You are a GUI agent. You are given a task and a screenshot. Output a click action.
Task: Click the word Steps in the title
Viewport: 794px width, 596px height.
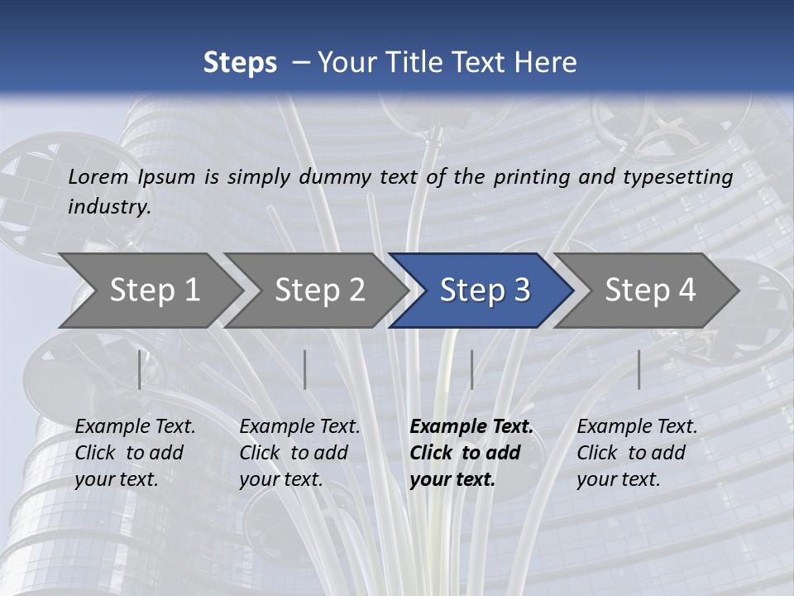240,63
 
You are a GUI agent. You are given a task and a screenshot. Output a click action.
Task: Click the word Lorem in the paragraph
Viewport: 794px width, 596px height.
98,177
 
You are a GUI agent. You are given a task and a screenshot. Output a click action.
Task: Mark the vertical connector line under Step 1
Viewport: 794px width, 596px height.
140,369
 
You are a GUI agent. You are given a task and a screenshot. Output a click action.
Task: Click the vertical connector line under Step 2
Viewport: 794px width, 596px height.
305,369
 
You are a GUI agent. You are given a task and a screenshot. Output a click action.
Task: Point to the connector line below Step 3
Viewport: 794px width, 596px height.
471,369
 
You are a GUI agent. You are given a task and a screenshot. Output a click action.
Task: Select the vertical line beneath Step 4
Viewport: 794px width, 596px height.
639,369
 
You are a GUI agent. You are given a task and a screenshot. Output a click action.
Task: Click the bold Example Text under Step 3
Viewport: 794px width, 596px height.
471,427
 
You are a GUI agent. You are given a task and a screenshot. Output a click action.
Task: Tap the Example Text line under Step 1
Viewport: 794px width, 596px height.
135,427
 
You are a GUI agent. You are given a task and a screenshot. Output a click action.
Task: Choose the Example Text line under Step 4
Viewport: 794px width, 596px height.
637,427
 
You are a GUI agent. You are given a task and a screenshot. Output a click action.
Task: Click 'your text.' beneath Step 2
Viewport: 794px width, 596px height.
281,479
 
